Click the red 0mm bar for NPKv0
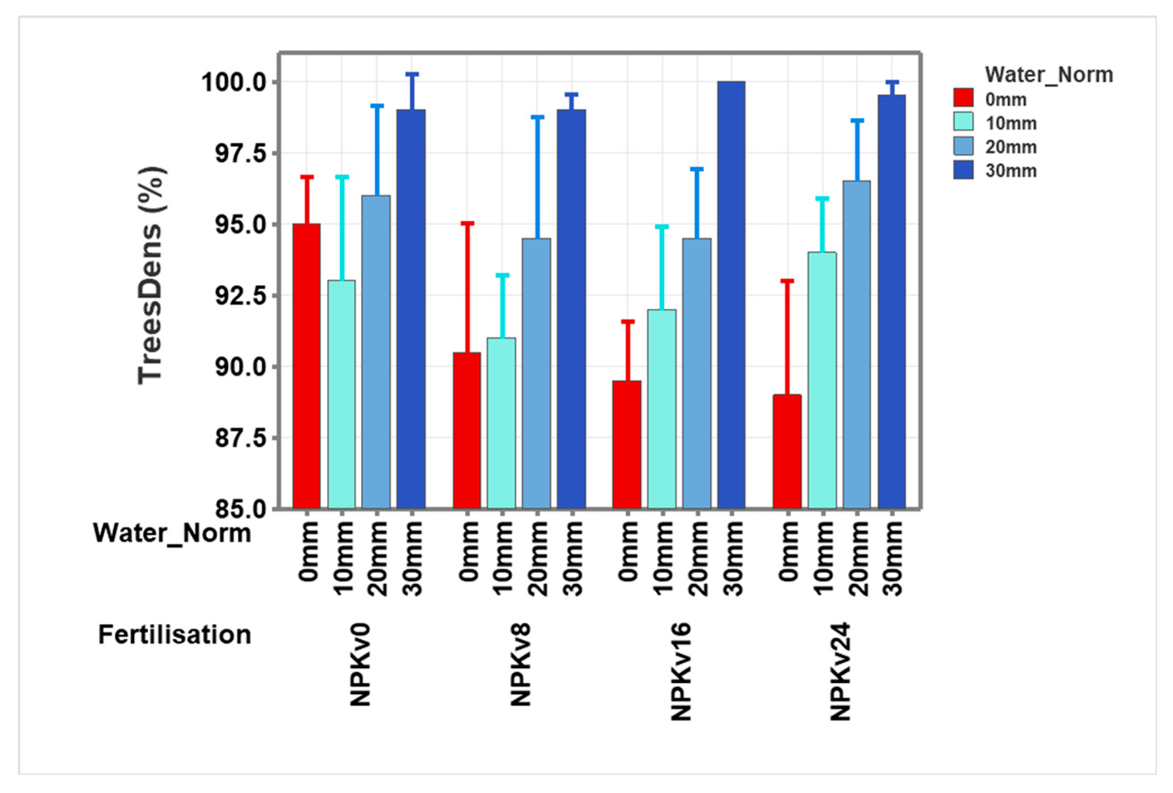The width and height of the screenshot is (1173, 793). coord(306,366)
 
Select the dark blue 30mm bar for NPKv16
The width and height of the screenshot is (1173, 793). coord(731,295)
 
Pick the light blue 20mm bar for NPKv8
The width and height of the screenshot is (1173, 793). coord(536,373)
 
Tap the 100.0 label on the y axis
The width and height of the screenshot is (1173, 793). coord(237,82)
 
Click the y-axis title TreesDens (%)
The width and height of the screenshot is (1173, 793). coord(150,276)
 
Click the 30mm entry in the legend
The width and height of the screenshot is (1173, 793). coord(1010,171)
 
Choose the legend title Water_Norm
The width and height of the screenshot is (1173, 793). coord(1049,75)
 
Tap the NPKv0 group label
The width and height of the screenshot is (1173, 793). coord(361,664)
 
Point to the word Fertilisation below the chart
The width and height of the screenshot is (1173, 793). coord(175,635)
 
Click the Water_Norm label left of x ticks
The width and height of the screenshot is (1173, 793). coord(172,533)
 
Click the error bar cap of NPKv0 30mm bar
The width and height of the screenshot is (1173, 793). coord(412,74)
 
